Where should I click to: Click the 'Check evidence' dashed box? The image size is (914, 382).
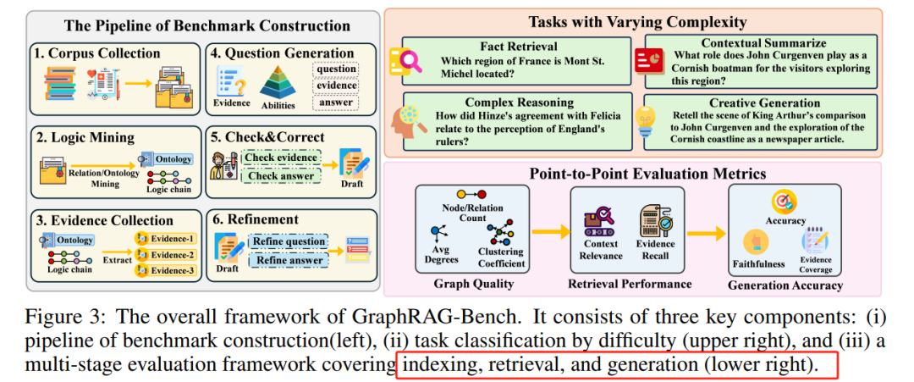[279, 158]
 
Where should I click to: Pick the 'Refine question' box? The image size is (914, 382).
[288, 241]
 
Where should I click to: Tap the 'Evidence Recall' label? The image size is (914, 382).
[655, 250]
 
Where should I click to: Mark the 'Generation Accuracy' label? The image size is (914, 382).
[785, 285]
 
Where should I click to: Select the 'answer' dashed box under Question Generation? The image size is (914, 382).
[334, 102]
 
